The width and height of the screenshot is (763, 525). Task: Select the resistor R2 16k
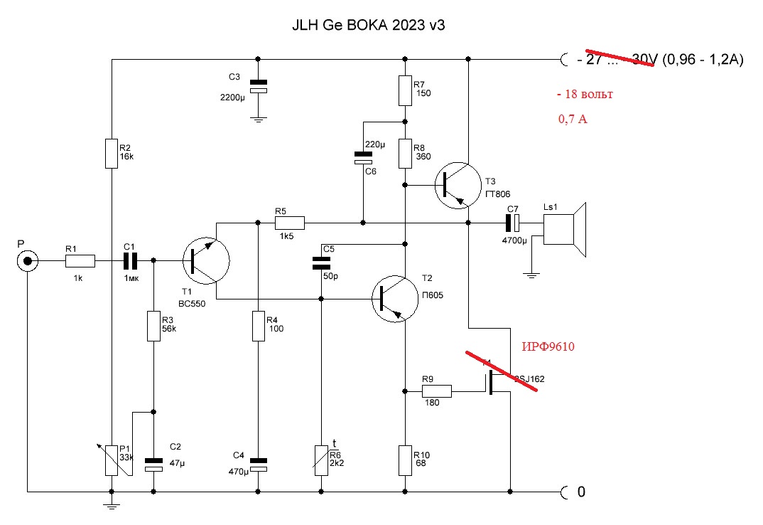[x=112, y=154]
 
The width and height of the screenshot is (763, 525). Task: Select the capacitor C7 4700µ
[x=512, y=223]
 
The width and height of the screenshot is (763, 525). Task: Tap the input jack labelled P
[x=28, y=262]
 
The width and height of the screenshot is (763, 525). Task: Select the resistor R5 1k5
[x=290, y=223]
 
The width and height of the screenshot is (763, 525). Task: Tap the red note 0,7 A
[x=572, y=120]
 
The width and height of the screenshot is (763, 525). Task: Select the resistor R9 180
[x=437, y=391]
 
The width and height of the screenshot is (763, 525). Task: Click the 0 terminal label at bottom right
[x=580, y=491]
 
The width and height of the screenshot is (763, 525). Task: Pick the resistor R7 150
[x=404, y=89]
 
